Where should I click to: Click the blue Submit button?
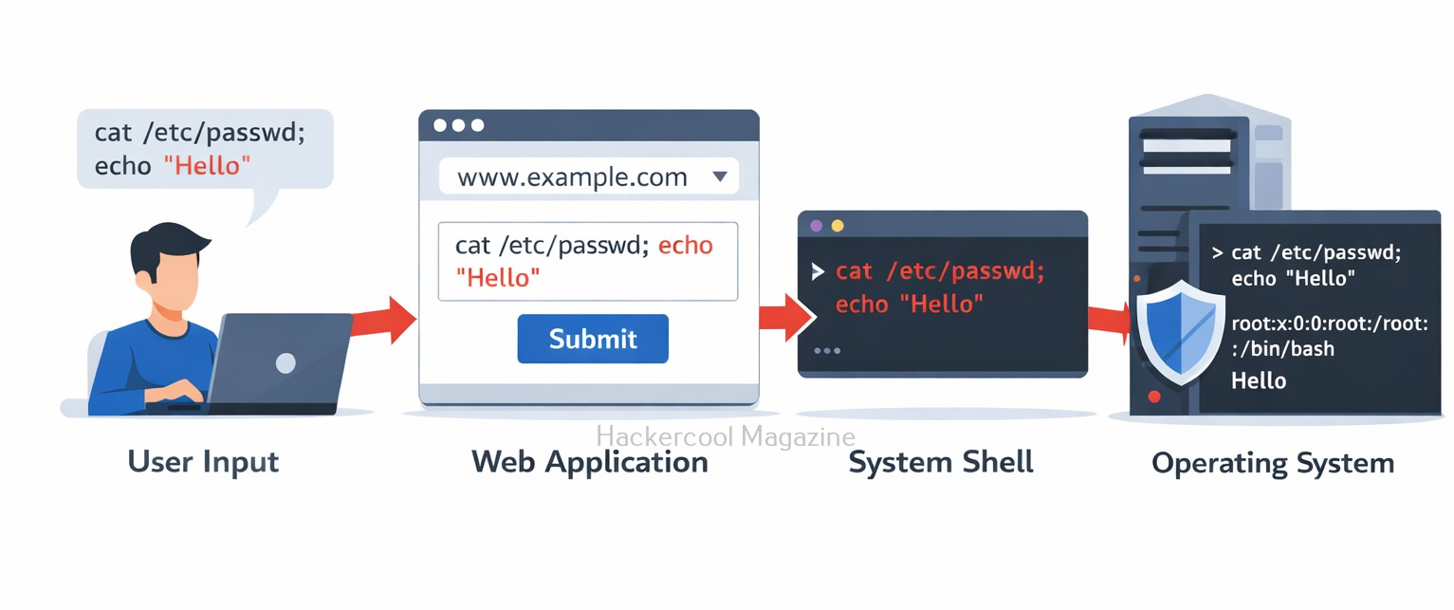coord(593,339)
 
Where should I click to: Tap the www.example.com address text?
coord(572,176)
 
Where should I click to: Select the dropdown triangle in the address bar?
coord(720,176)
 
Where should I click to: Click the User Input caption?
coord(203,462)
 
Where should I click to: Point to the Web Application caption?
coord(589,462)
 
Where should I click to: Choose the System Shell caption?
coord(941,462)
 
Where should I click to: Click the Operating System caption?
coord(1273,463)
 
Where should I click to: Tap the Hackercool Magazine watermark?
coord(725,436)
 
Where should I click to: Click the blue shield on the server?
coord(1181,332)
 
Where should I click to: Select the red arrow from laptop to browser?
coord(383,321)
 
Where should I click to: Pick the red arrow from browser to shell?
coord(786,317)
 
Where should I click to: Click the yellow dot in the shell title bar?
coord(837,226)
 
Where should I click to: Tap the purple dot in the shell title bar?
coord(817,226)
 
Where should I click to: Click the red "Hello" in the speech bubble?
coord(207,166)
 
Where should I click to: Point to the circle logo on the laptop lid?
coord(285,362)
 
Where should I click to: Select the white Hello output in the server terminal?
coord(1259,380)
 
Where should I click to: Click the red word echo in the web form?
coord(686,246)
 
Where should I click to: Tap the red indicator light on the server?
coord(1154,397)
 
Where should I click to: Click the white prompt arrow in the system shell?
coord(818,272)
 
